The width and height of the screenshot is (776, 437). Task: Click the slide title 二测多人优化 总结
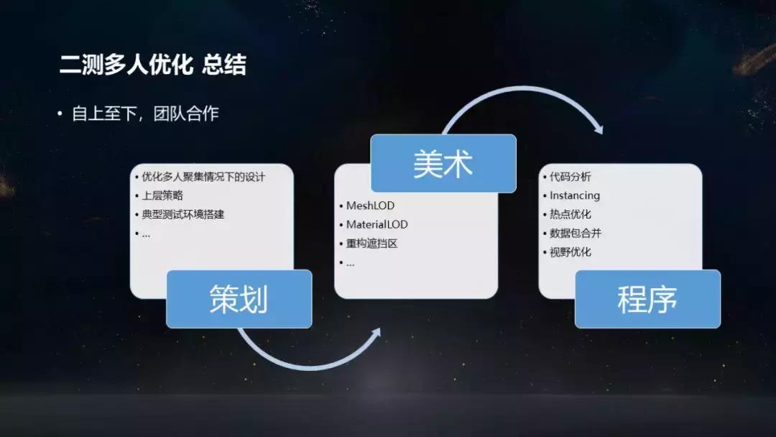coord(152,65)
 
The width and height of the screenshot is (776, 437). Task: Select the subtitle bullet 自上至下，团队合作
coord(144,114)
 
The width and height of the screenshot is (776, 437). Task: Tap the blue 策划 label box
coord(239,298)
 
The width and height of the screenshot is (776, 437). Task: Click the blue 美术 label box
coord(443,163)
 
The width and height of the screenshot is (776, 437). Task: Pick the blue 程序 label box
coord(647,298)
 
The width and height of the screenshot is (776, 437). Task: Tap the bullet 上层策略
coord(162,195)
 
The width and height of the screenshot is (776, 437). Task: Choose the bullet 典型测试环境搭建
coord(183,214)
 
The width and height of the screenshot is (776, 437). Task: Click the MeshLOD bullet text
coord(370,206)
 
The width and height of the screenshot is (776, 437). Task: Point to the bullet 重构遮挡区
coord(371,243)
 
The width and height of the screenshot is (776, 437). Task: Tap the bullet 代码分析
coord(570,177)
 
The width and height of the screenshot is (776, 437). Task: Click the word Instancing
coord(574,195)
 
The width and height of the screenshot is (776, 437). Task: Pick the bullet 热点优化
coord(570,214)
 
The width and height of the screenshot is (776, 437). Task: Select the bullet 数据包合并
coord(575,233)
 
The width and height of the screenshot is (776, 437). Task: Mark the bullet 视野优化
coord(570,252)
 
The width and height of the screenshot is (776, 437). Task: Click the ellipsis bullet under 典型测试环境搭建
coord(146,234)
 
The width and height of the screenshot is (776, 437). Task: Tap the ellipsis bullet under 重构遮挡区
coord(350,262)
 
